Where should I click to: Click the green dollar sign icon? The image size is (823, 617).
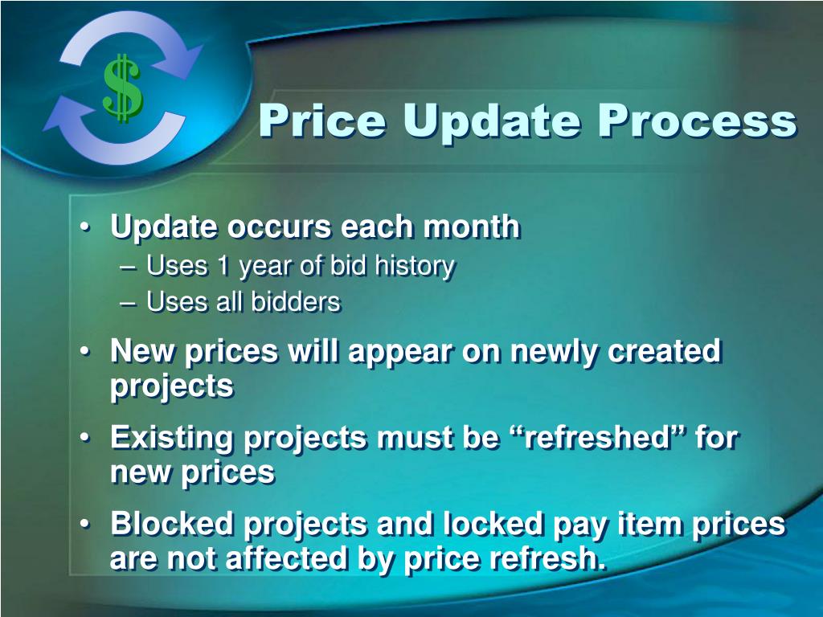click(122, 88)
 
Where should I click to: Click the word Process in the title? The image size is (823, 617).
click(696, 121)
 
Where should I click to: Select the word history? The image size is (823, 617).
click(416, 266)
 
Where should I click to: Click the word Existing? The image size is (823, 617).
click(173, 439)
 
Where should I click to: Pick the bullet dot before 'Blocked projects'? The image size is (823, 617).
click(86, 525)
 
